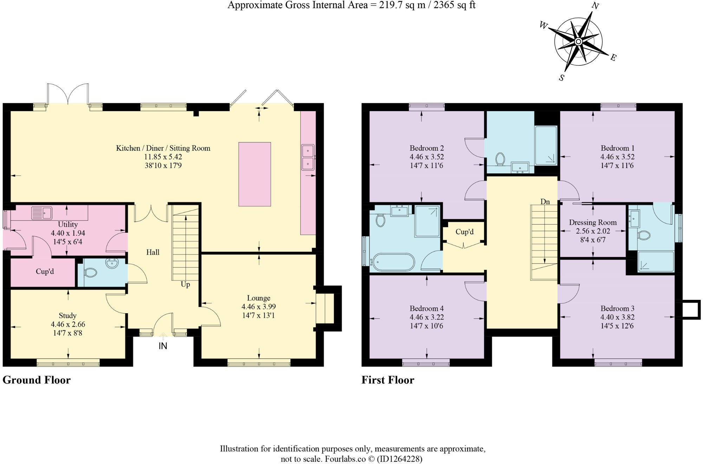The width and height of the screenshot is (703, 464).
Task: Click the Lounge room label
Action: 258,298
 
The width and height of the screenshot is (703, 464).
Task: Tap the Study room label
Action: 67,316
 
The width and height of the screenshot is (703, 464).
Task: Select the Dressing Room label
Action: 593,223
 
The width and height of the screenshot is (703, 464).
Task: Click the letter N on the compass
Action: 595,6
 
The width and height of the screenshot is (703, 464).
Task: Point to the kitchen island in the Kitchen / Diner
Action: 255,174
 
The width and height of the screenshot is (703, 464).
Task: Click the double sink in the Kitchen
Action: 308,157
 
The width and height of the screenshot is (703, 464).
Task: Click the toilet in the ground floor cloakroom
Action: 91,272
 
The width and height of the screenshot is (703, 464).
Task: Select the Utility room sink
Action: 42,213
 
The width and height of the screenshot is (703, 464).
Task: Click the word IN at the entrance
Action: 163,346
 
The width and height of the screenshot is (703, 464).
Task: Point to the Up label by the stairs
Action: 185,284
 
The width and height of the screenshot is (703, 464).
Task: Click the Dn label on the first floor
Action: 545,202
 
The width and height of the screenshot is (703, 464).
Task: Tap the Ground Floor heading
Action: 37,380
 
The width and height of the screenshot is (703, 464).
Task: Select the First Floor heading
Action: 388,380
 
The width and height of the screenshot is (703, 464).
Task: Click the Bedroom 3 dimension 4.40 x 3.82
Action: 617,317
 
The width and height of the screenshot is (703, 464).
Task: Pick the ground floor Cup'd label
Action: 45,271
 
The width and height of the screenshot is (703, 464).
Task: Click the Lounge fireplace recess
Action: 325,308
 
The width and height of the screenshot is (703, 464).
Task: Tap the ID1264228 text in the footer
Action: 400,459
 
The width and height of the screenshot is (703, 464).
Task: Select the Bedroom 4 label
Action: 427,309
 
